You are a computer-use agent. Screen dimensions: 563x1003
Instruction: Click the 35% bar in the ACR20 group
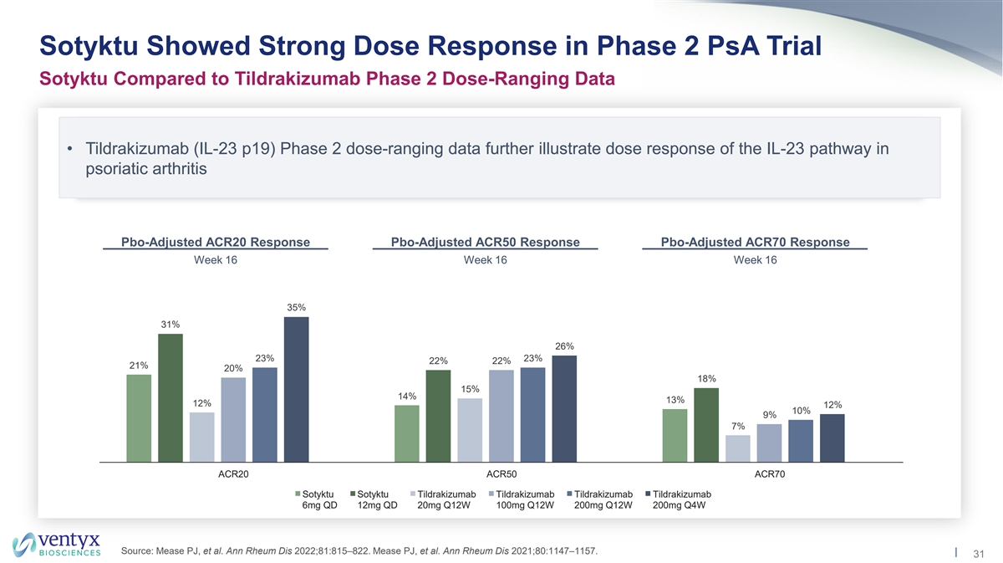(296, 389)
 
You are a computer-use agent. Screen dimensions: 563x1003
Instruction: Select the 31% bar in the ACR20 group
(171, 397)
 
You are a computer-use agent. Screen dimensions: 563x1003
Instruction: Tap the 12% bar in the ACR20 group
(202, 437)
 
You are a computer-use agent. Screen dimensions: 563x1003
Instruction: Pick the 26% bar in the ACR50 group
(564, 408)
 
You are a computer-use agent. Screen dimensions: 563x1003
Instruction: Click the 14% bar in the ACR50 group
(407, 433)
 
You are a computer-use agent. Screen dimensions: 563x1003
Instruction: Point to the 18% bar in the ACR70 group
(706, 424)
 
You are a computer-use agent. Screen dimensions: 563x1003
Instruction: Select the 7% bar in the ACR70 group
(738, 448)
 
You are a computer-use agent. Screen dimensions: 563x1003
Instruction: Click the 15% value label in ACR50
(470, 389)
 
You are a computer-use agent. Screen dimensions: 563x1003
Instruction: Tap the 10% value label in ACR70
(801, 411)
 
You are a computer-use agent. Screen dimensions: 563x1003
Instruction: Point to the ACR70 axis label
(770, 475)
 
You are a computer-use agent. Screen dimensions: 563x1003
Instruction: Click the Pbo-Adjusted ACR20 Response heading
(216, 243)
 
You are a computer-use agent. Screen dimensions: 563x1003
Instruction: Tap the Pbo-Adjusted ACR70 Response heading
(755, 243)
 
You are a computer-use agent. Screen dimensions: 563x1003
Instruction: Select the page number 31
(979, 552)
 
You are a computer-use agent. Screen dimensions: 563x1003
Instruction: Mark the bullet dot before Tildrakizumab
(72, 149)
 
